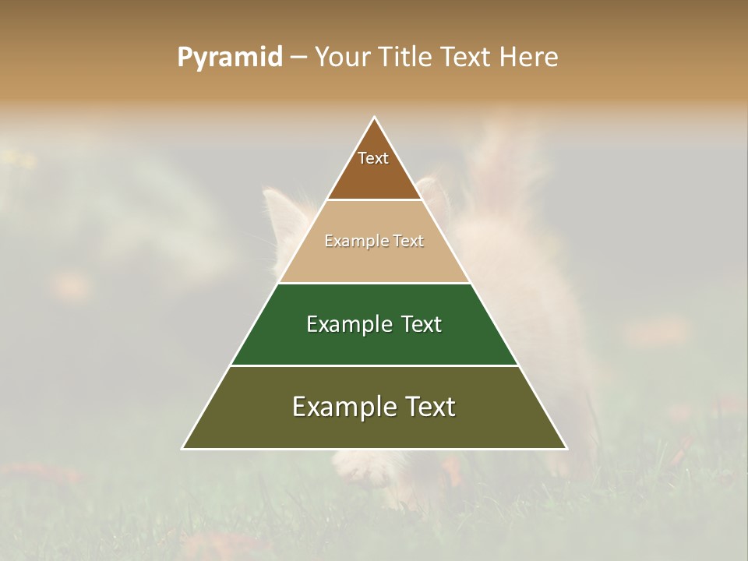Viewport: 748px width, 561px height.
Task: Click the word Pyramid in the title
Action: pos(229,58)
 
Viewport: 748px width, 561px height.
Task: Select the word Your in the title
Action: pos(342,57)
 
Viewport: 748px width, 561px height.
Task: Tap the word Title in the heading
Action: pos(406,57)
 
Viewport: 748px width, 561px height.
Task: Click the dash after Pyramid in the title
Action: pos(298,58)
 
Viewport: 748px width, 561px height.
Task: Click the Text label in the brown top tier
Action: pos(373,158)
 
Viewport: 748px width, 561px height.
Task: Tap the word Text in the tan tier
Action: pos(408,241)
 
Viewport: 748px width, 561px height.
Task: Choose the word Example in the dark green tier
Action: pos(350,324)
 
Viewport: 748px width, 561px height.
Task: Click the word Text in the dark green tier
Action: pos(420,324)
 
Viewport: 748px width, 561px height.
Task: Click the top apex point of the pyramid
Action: pos(375,118)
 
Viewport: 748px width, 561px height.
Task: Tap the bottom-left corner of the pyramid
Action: pos(183,448)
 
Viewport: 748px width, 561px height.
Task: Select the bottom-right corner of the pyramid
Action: pos(566,448)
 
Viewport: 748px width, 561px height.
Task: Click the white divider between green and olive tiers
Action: pos(375,365)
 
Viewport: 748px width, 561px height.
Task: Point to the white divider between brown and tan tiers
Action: pos(375,200)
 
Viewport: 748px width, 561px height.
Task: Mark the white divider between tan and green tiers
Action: pos(375,283)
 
